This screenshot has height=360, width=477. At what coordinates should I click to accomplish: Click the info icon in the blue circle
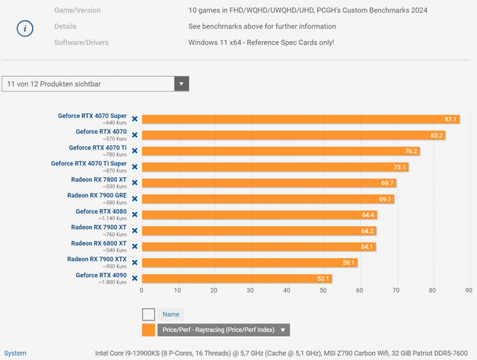25,29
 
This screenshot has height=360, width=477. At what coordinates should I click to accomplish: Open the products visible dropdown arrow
181,84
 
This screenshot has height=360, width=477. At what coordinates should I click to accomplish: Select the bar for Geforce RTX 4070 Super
301,119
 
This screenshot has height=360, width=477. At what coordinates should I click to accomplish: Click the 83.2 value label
436,135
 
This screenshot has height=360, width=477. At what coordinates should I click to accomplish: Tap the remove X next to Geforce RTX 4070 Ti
135,151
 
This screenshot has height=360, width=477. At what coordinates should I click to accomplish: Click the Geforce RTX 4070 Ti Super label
88,164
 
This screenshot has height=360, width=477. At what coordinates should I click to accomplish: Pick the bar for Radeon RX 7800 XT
269,183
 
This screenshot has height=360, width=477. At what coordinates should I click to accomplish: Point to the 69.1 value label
385,199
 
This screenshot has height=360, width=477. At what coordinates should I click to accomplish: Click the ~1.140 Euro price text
112,218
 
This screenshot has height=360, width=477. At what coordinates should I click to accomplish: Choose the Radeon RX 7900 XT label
99,227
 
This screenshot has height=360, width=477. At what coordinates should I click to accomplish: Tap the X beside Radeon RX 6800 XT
135,246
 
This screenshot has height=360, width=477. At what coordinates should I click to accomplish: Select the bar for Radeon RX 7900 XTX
249,263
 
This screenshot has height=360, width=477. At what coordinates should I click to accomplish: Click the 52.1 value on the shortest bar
323,279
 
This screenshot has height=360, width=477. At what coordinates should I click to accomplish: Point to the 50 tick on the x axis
323,290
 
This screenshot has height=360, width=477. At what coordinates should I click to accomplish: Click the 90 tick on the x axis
469,290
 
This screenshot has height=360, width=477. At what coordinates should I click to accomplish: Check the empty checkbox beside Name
148,314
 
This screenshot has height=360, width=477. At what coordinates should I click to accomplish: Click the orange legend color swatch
148,330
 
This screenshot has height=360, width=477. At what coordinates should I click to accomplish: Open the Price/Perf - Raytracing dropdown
224,330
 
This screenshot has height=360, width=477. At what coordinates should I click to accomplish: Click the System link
15,353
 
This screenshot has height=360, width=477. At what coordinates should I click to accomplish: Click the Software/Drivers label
81,43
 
